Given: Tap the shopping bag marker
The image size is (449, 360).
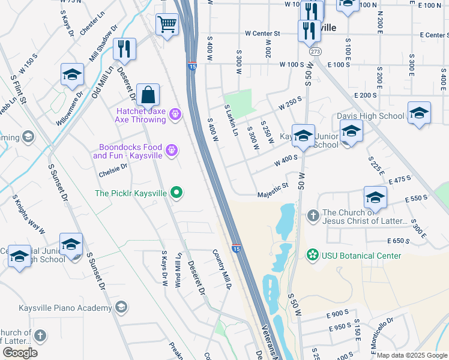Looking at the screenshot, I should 148,95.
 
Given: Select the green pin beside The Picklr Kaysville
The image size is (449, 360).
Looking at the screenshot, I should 176,193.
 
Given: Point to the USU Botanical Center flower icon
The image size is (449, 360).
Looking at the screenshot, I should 312,256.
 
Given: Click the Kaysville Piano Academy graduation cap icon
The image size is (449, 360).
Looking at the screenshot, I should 121,308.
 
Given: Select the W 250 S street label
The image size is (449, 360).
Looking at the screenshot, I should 290,103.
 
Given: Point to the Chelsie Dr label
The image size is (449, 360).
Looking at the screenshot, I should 113,170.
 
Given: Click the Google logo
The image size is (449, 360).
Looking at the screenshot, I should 20,352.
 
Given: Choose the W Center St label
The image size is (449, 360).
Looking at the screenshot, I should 262,34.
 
